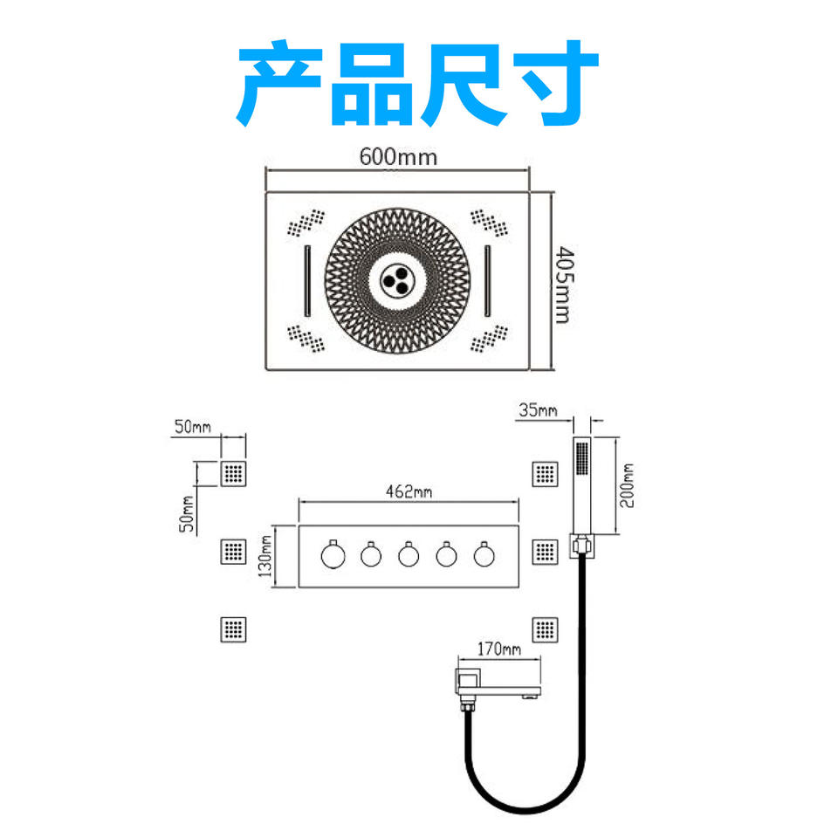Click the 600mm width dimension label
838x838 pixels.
397,157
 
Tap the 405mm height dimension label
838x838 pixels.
564,285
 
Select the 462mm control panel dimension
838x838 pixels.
409,491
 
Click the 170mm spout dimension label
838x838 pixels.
498,649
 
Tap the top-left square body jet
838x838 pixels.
233,474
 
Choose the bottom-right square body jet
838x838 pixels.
545,628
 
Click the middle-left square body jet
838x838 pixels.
233,551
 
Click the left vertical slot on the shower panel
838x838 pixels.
307,281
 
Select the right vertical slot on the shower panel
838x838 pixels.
487,281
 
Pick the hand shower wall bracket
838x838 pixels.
581,546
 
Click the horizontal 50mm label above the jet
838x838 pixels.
193,427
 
